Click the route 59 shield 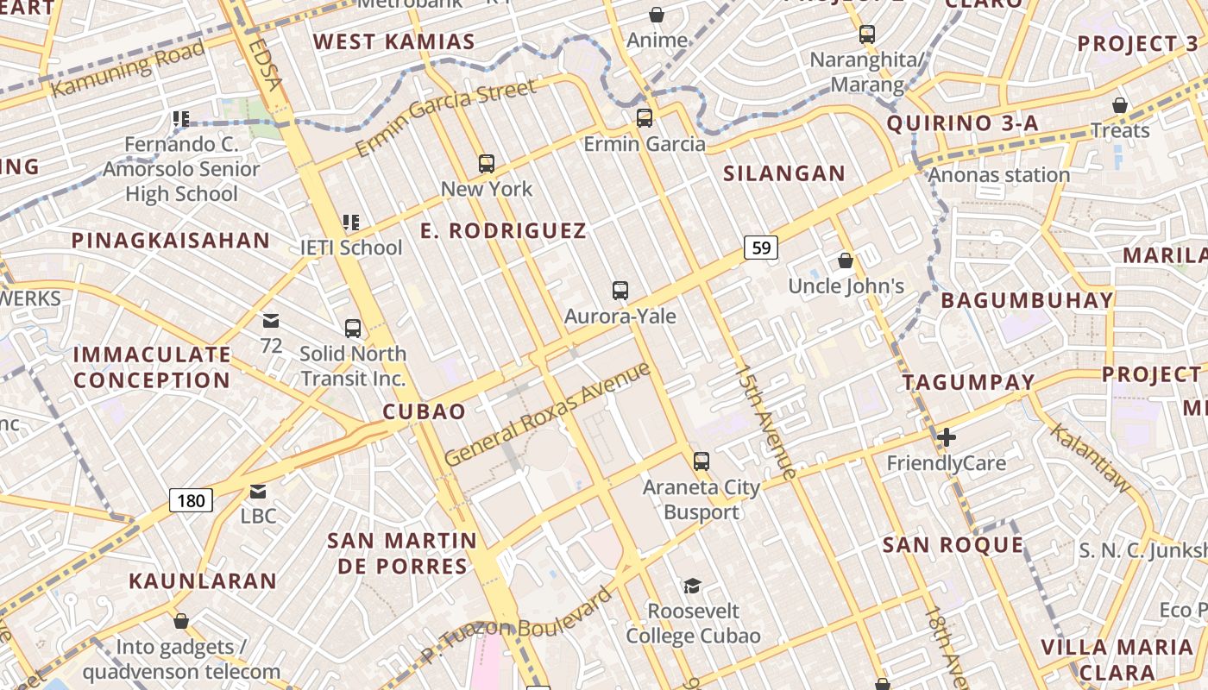coord(761,248)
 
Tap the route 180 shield coord(191,500)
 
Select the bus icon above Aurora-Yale coord(620,291)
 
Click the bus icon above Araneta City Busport coord(702,461)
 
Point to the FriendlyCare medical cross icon coord(947,437)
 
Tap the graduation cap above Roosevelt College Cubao coord(692,586)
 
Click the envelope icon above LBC coord(258,492)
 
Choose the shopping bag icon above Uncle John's coord(846,260)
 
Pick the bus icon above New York coord(487,164)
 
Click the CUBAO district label coord(424,411)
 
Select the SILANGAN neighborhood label coord(784,173)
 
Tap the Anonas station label coord(999,175)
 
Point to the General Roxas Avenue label coord(547,415)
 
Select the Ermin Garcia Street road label coord(445,117)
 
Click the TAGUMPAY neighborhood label coord(968,382)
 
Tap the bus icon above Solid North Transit coord(353,329)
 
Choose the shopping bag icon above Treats coord(1119,105)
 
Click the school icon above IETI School coord(351,223)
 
